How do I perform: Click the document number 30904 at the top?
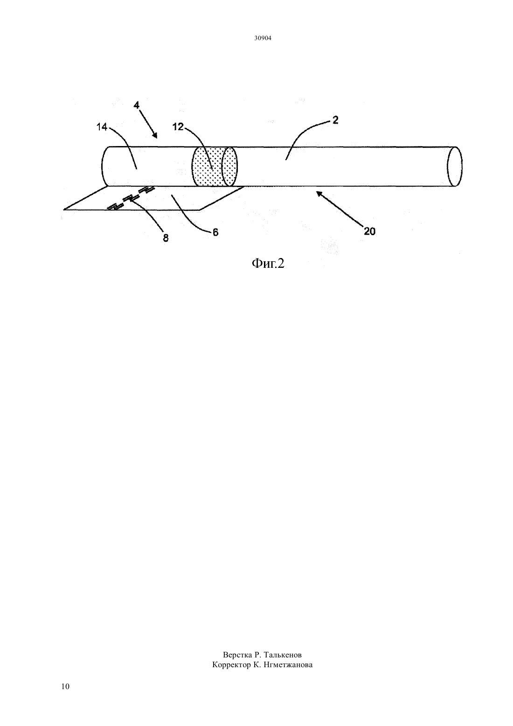263,38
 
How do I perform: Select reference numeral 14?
102,127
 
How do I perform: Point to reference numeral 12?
178,127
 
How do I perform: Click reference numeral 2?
335,120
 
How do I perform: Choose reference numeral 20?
369,231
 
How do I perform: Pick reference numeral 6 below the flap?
215,232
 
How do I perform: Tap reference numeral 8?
166,238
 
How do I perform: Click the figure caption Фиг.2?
268,264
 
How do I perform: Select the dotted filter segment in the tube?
215,167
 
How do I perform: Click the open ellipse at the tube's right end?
455,167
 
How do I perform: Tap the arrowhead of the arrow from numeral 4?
155,135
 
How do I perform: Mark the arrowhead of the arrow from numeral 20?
319,194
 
